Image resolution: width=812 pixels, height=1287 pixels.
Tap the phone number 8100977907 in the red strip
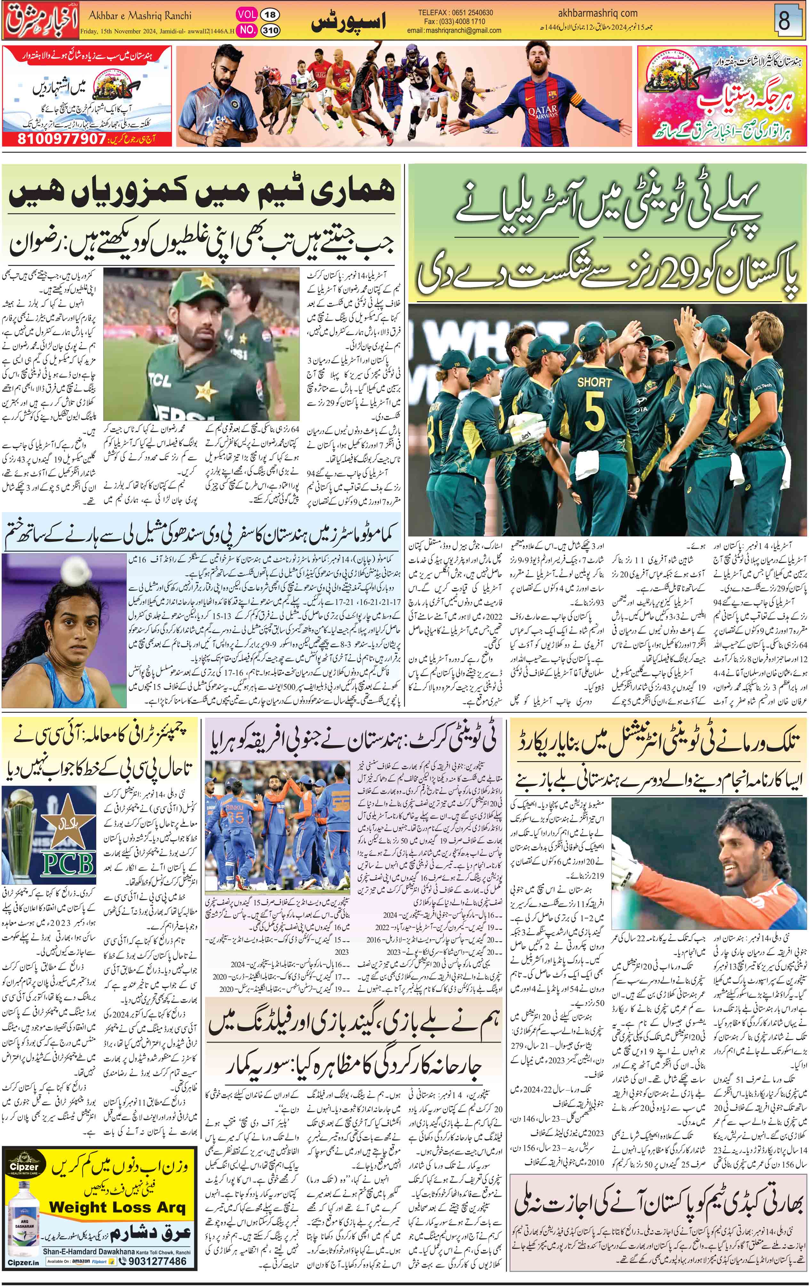pyautogui.click(x=54, y=139)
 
